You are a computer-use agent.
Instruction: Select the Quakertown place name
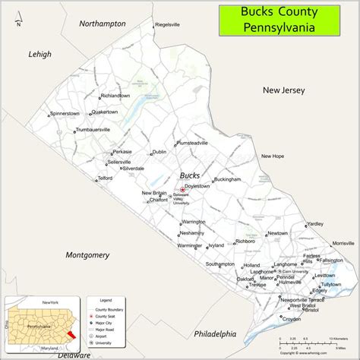coord(105,112)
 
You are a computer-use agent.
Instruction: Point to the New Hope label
coord(272,156)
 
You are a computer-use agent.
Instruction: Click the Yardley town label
coord(314,224)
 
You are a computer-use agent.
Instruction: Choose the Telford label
coord(105,178)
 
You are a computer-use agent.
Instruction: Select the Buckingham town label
coord(227,179)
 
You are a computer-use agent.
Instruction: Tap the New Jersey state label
coord(283,90)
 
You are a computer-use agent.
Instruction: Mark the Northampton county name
coord(103,24)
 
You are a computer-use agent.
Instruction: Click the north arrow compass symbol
coord(19,16)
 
